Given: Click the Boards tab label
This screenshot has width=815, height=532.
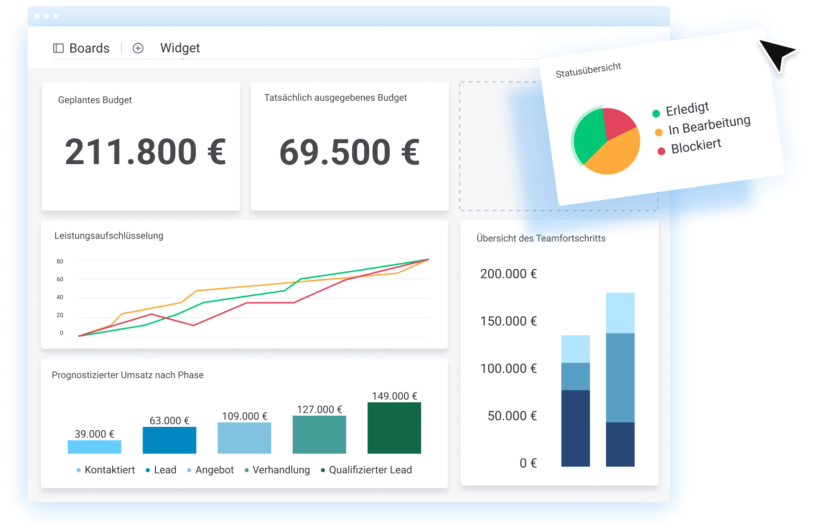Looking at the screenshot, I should [89, 48].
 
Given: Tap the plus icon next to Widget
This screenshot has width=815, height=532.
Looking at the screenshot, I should [138, 48].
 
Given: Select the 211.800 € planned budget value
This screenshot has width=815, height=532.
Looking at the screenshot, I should [145, 152].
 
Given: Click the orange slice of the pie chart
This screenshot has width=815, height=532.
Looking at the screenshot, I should [617, 154].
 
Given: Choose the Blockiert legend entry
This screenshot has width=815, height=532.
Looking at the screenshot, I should [696, 146].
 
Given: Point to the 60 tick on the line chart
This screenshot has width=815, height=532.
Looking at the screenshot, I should [60, 279].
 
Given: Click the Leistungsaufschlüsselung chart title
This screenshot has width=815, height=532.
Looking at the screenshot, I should [109, 235].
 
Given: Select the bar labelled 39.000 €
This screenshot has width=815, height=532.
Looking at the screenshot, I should [94, 447].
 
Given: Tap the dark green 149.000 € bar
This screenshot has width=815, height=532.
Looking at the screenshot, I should [394, 428].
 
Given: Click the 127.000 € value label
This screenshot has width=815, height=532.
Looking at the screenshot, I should [319, 409].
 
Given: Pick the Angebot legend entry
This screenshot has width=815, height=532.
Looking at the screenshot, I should [214, 470].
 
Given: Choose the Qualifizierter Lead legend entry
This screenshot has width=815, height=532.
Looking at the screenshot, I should [370, 470].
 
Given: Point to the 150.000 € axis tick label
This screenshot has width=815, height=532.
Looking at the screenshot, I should [508, 321].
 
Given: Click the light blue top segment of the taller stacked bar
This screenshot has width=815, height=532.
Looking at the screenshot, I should [620, 313].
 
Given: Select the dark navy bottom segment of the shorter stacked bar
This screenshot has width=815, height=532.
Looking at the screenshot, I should [575, 428].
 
